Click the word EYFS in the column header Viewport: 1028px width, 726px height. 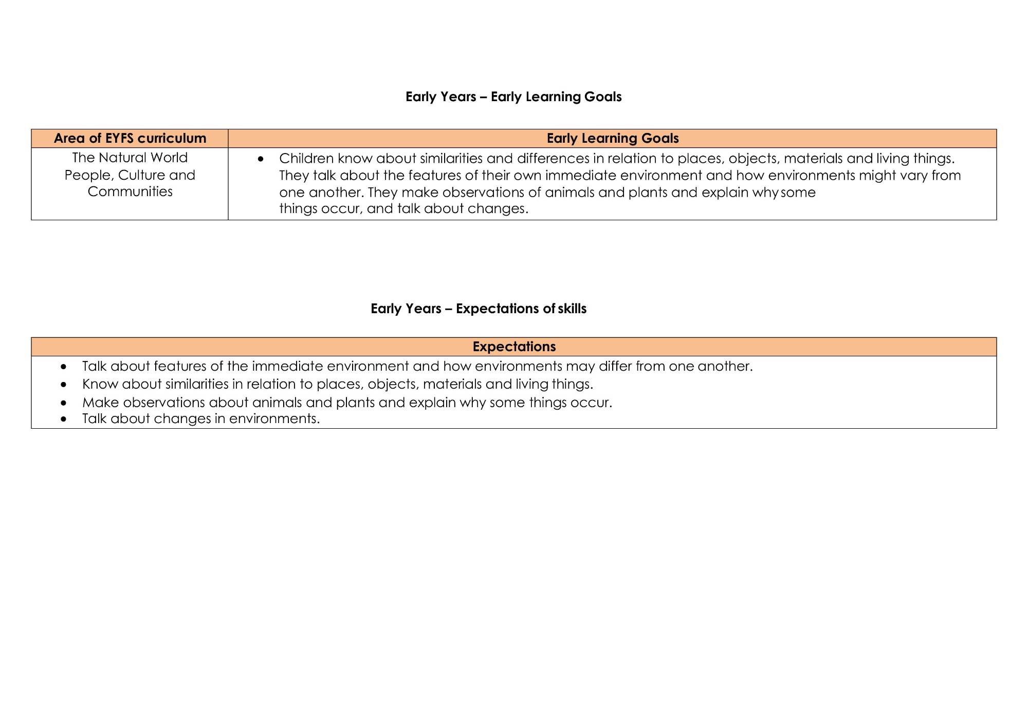click(119, 138)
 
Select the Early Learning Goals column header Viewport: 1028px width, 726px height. click(612, 138)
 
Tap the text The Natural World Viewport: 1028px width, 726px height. click(130, 158)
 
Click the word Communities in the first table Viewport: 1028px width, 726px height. click(130, 192)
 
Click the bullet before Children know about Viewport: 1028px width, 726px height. click(261, 159)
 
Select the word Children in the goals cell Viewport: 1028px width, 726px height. click(306, 159)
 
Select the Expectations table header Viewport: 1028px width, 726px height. click(514, 347)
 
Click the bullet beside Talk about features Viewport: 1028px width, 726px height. click(63, 367)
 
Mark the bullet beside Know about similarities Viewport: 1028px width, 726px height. click(63, 385)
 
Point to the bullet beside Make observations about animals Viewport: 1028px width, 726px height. click(63, 403)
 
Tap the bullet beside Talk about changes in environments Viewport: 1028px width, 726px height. click(63, 419)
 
